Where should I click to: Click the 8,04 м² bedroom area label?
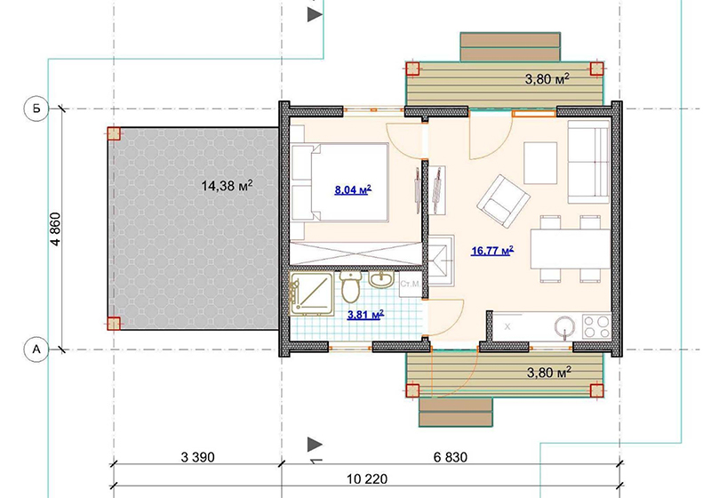pyautogui.click(x=353, y=189)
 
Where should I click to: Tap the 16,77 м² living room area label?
pyautogui.click(x=492, y=250)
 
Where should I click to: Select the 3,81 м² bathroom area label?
pyautogui.click(x=365, y=314)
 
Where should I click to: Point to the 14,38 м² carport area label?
pyautogui.click(x=227, y=185)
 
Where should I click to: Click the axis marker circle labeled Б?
pyautogui.click(x=36, y=108)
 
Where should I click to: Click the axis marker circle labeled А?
pyautogui.click(x=36, y=349)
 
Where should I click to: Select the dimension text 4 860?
pyautogui.click(x=55, y=229)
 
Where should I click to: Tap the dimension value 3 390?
pyautogui.click(x=197, y=457)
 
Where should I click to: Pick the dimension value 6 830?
pyautogui.click(x=450, y=457)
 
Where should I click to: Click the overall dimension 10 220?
pyautogui.click(x=367, y=479)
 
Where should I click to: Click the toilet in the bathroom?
pyautogui.click(x=350, y=286)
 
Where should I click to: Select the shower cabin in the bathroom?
pyautogui.click(x=311, y=293)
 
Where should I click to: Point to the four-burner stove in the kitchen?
pyautogui.click(x=596, y=326)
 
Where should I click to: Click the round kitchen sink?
pyautogui.click(x=563, y=327)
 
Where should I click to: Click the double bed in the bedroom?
pyautogui.click(x=340, y=182)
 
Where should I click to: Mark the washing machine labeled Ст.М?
pyautogui.click(x=410, y=284)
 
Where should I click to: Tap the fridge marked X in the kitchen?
pyautogui.click(x=507, y=326)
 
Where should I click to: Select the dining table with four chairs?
pyautogui.click(x=571, y=249)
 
